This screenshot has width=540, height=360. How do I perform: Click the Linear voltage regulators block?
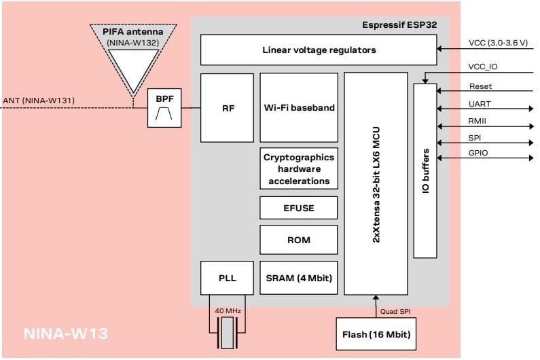click(319, 50)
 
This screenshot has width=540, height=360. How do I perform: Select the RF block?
click(228, 107)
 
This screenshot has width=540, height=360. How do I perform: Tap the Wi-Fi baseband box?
click(299, 107)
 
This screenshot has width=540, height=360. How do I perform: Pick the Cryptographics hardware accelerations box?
click(299, 169)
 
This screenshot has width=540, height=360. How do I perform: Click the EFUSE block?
click(299, 208)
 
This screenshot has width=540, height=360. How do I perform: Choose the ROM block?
click(299, 240)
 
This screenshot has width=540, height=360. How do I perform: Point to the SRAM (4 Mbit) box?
click(299, 278)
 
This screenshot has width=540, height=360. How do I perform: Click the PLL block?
click(228, 278)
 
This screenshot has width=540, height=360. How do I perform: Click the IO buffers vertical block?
click(425, 170)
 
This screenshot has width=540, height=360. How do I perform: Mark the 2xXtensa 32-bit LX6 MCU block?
click(375, 183)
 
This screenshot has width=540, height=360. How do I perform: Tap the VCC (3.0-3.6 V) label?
click(498, 43)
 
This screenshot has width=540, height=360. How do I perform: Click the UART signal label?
click(480, 104)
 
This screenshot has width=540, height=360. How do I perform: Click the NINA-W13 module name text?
click(66, 334)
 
